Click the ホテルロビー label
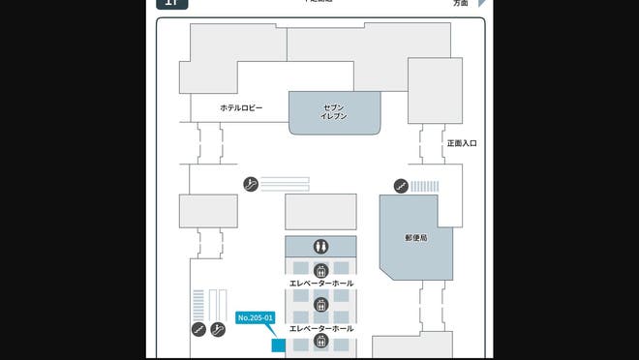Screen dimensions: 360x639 coord(241,107)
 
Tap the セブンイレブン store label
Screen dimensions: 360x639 coord(334,111)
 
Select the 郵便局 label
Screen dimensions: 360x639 coord(416,236)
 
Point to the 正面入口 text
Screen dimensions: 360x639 coord(462,143)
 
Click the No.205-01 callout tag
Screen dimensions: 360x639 coord(257,317)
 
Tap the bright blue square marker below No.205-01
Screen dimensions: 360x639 coord(277,344)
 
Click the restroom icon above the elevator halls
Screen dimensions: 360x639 coord(320,247)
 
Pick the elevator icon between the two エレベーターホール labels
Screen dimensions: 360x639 coord(320,305)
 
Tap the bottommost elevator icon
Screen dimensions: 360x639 coord(320,340)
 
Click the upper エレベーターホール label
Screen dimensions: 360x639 coord(321,284)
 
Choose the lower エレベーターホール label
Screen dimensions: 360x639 coord(321,328)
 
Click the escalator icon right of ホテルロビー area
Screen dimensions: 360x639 coord(251,184)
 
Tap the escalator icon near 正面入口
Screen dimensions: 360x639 coord(400,185)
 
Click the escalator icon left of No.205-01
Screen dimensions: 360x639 coord(217,329)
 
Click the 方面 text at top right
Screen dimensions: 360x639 coord(461,4)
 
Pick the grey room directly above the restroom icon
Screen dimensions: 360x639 coord(320,212)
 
